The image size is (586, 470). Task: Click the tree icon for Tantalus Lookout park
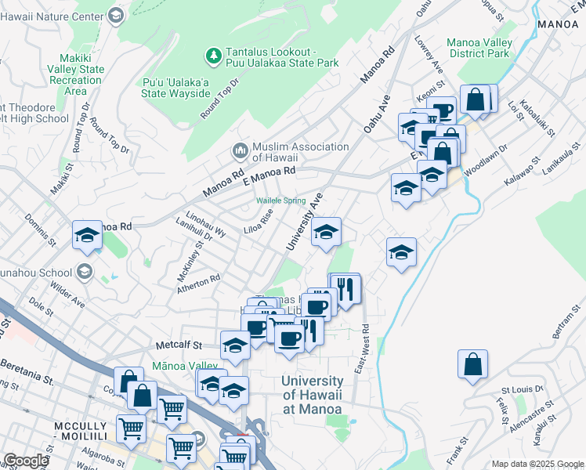212,56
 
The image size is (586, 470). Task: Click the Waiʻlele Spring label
281,201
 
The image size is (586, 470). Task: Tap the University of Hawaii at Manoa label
311,395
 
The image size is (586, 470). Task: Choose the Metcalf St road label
179,344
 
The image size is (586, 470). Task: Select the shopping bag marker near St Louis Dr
473,364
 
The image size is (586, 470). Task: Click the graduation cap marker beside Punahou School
87,235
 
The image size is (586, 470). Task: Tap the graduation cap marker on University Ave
326,232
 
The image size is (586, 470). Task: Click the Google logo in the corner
25,461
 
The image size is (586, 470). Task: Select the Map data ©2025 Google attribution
537,464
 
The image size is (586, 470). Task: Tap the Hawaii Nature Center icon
116,16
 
